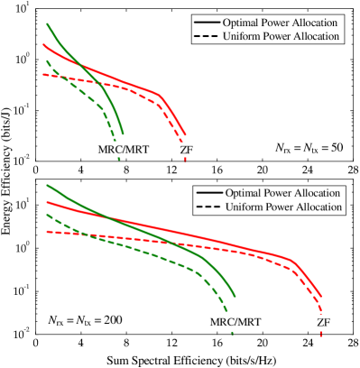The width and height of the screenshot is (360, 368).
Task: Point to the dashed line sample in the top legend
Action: click(x=206, y=36)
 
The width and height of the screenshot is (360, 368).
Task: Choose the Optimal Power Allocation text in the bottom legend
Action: click(x=283, y=193)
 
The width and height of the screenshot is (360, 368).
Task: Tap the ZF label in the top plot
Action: click(x=186, y=148)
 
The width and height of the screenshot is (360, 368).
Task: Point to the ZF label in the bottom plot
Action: click(x=323, y=322)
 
